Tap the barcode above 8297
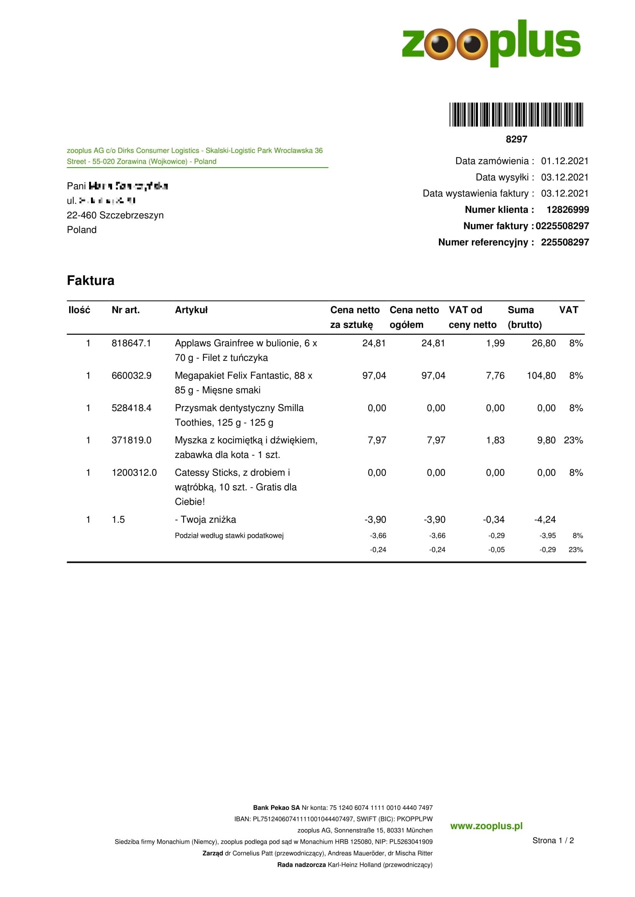coord(516,114)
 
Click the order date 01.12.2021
coord(565,161)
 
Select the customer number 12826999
coord(567,210)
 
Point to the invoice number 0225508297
coord(562,226)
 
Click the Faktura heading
coord(90,280)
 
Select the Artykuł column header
coord(191,310)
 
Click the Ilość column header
coord(79,310)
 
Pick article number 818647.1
coord(131,343)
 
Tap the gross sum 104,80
coord(541,376)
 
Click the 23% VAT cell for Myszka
coord(573,440)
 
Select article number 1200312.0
coord(134,473)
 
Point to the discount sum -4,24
coord(545,520)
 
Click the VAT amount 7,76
coord(495,376)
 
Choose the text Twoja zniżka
coord(208,520)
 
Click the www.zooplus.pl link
coord(486,826)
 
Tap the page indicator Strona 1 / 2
coord(553,840)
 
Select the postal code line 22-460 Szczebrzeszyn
coord(115,215)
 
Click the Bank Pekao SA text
coord(276,808)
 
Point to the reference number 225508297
coord(565,242)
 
